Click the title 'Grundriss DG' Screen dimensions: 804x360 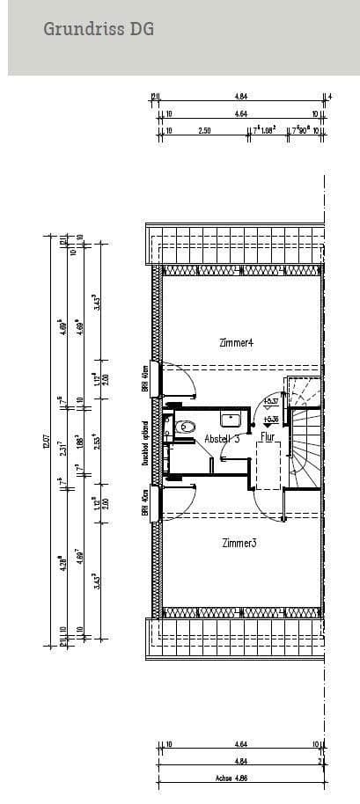99,30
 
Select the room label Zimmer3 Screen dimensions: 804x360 239,543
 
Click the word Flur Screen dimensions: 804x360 266,435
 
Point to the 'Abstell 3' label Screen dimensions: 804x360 222,438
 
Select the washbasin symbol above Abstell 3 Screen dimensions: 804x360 231,420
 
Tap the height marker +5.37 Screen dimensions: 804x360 271,401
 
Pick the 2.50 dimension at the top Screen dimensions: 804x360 204,131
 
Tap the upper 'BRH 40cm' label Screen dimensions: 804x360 144,378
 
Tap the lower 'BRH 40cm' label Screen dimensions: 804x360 144,501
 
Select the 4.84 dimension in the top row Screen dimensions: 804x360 239,97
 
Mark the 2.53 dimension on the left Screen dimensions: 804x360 96,440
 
